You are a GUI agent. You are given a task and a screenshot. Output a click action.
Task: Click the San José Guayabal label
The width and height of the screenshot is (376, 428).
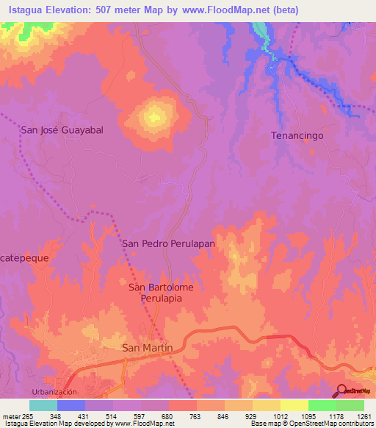62,129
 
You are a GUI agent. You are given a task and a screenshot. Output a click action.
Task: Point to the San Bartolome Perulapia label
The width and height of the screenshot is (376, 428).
161,293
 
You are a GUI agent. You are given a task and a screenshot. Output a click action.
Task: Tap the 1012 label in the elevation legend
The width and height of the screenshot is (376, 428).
281,416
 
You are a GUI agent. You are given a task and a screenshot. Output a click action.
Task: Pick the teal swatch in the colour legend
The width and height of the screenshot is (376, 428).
43,405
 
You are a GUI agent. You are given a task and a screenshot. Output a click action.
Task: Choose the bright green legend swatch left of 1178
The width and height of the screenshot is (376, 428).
322,405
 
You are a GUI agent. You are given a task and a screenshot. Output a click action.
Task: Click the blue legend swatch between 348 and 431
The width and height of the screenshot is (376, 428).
71,405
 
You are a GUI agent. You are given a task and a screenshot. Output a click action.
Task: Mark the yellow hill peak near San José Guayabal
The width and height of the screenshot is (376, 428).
154,115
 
